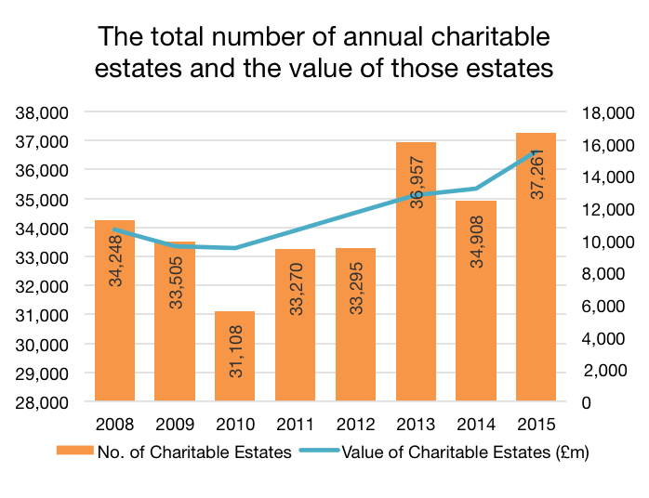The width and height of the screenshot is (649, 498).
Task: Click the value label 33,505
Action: point(176,275)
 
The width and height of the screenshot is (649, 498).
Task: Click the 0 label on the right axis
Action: point(588,402)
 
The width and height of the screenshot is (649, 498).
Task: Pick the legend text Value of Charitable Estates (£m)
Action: point(466,452)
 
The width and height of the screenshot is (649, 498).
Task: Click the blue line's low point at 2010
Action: point(235,248)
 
